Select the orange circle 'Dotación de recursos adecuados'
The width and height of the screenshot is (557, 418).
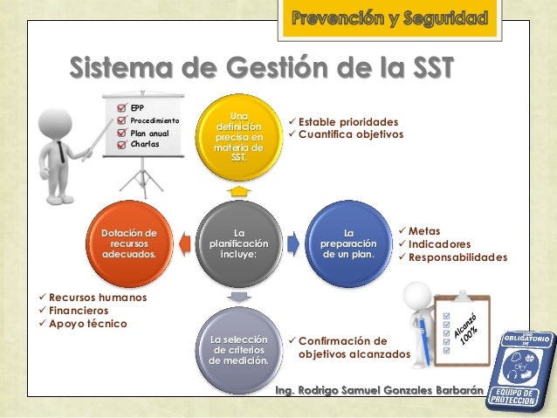tap(129, 244)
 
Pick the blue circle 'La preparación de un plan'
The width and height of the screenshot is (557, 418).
tap(348, 244)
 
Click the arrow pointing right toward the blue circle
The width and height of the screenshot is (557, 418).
tap(294, 243)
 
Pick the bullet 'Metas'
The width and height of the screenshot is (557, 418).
tap(424, 229)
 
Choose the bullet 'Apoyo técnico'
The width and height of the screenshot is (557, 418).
tap(87, 324)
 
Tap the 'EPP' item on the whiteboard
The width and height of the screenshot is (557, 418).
tap(137, 107)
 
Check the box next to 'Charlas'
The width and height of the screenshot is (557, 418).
tap(122, 144)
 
